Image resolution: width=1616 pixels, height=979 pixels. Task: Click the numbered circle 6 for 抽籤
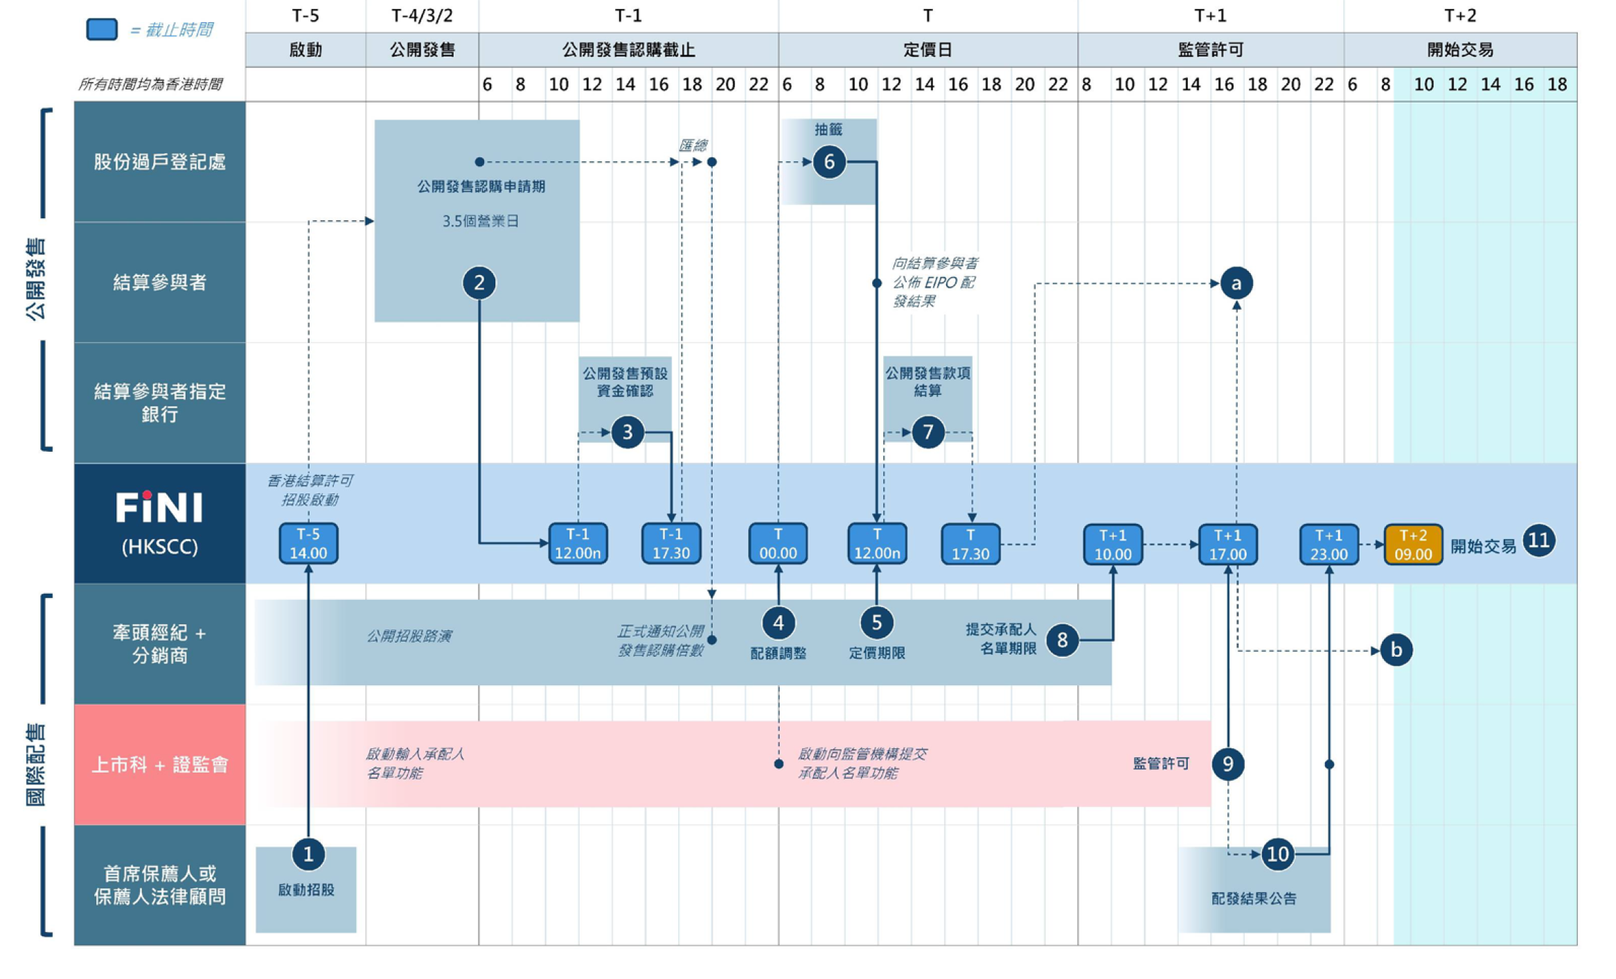tap(828, 162)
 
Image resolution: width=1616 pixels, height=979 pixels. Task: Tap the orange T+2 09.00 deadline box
tap(1412, 545)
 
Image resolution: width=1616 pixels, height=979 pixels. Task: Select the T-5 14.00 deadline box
tap(308, 544)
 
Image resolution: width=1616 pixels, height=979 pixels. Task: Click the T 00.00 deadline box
tap(778, 544)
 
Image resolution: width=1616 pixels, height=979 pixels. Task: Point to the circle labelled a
tap(1236, 283)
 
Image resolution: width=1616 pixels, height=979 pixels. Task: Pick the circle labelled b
tap(1396, 650)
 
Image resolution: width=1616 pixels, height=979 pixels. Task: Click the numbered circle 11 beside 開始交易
tap(1538, 540)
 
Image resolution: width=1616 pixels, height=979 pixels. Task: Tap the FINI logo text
tap(159, 508)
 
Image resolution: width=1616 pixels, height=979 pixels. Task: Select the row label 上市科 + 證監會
tap(160, 765)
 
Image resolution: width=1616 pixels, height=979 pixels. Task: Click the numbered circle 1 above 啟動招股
tap(308, 854)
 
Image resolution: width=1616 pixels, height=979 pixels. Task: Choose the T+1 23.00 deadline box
tap(1329, 545)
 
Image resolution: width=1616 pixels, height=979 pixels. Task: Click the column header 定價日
tap(927, 50)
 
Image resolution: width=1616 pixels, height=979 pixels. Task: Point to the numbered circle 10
tap(1277, 854)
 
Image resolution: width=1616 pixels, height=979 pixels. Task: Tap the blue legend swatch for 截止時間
tap(102, 29)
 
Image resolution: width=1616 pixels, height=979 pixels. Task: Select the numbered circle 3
tap(627, 432)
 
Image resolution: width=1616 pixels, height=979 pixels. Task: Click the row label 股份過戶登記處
tap(160, 162)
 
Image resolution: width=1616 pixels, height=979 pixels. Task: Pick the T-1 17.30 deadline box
tap(671, 544)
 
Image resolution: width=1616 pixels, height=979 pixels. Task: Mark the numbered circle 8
tap(1062, 640)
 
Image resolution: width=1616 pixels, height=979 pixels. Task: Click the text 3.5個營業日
tap(480, 221)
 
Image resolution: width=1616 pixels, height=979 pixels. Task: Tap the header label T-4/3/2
tap(422, 15)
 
